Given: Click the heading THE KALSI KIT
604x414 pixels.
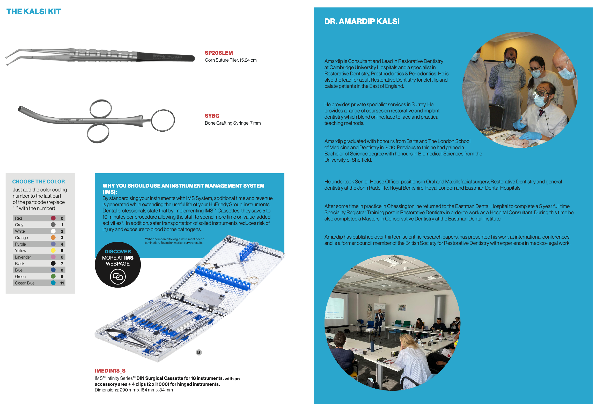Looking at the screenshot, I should [x=34, y=12].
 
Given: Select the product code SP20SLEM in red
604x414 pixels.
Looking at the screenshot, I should [x=219, y=53].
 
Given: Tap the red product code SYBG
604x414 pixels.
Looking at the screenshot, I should [x=212, y=116].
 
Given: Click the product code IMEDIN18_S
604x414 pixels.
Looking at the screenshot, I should [x=110, y=370].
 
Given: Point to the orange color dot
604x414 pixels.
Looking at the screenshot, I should [x=53, y=238].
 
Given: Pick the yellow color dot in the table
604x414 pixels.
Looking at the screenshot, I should [x=53, y=251].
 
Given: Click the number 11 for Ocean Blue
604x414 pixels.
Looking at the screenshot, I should [x=62, y=283].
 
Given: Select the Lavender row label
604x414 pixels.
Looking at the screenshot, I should [x=23, y=257].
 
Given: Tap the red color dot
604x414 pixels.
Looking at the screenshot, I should [x=53, y=218].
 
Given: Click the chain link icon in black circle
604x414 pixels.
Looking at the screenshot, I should [x=118, y=277].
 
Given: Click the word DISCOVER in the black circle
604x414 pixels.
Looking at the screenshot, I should [x=118, y=252].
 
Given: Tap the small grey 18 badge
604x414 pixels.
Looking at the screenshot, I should [x=198, y=353].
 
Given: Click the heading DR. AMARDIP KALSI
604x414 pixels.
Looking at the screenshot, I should [x=362, y=21].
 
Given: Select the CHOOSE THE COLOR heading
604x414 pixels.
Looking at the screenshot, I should [x=39, y=182].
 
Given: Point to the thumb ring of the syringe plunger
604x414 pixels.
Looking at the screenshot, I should [x=163, y=120].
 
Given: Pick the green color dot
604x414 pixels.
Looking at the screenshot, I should [x=53, y=276].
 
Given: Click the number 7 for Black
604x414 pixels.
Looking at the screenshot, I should [x=62, y=263].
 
